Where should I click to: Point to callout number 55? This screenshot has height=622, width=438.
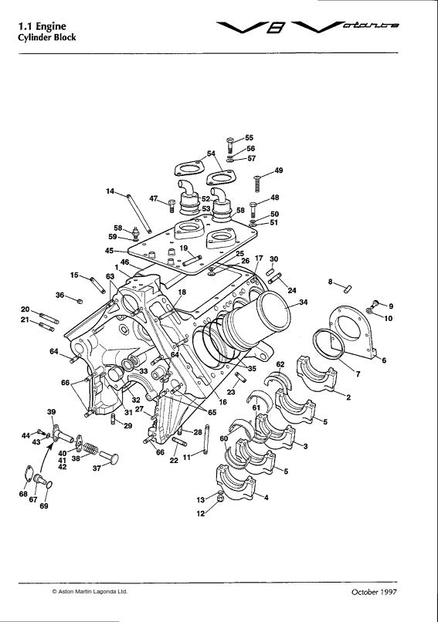tap(250, 137)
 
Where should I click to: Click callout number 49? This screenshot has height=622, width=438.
tap(278, 170)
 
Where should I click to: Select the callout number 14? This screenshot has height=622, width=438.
tap(110, 191)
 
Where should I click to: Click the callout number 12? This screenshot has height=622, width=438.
tap(200, 514)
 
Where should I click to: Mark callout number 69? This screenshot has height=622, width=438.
tap(42, 507)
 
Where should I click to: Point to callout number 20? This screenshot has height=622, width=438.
tap(25, 309)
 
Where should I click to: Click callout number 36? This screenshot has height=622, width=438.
tap(59, 294)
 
